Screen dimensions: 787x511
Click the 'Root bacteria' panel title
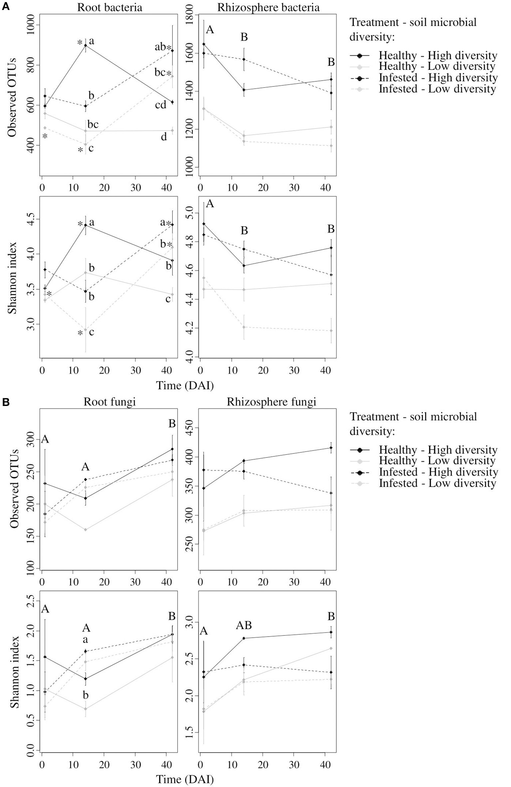click(x=110, y=7)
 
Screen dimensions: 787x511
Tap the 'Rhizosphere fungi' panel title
click(x=271, y=402)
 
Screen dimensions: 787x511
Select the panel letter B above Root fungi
click(x=5, y=402)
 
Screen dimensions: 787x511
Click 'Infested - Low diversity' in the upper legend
click(x=437, y=89)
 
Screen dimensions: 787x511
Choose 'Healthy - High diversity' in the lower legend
click(x=438, y=450)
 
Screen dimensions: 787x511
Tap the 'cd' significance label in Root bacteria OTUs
click(x=160, y=105)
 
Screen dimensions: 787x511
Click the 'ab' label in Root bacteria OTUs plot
click(x=160, y=47)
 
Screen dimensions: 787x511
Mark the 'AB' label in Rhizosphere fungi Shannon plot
click(x=244, y=625)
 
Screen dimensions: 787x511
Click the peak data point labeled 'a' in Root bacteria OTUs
click(x=86, y=45)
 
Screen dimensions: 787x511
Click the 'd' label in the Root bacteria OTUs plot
click(x=164, y=137)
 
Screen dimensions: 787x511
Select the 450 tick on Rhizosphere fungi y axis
click(x=192, y=428)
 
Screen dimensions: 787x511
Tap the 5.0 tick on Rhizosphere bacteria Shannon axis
click(x=192, y=213)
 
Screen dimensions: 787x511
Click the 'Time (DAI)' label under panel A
click(x=185, y=385)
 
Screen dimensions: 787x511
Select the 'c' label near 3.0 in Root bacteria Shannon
click(x=91, y=332)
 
